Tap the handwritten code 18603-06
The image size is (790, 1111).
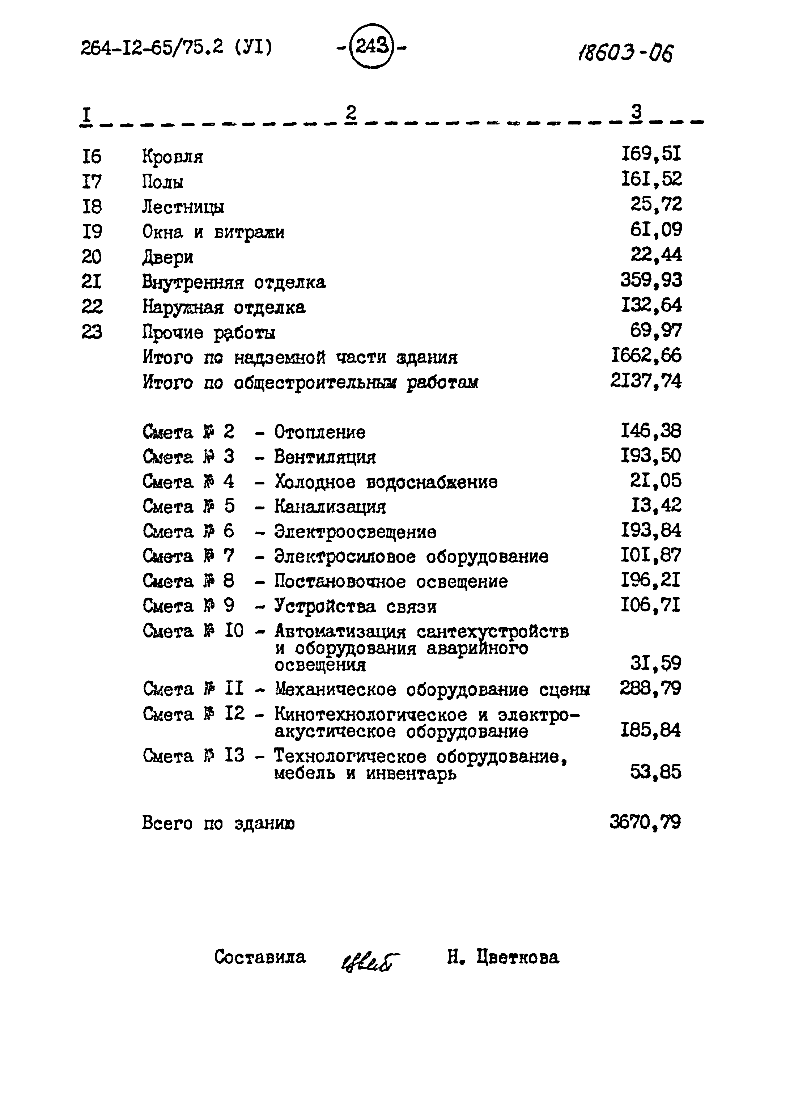[x=625, y=52]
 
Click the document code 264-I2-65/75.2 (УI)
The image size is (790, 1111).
[x=177, y=48]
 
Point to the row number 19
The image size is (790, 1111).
[x=92, y=232]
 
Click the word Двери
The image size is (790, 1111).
[x=168, y=257]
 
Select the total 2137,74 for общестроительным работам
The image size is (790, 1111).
[x=646, y=381]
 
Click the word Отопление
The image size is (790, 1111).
[x=320, y=432]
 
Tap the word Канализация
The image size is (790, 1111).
[x=330, y=507]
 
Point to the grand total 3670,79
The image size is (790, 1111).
[x=645, y=823]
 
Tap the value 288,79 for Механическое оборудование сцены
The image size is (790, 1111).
[x=650, y=688]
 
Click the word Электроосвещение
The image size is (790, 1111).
[x=355, y=532]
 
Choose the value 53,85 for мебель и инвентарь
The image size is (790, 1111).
[x=655, y=772]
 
